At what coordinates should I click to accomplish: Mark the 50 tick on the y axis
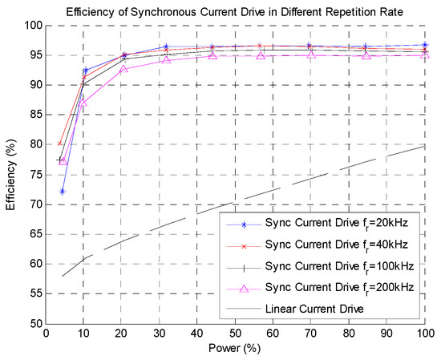tap(32, 324)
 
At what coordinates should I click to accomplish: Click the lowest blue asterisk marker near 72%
tap(63, 192)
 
